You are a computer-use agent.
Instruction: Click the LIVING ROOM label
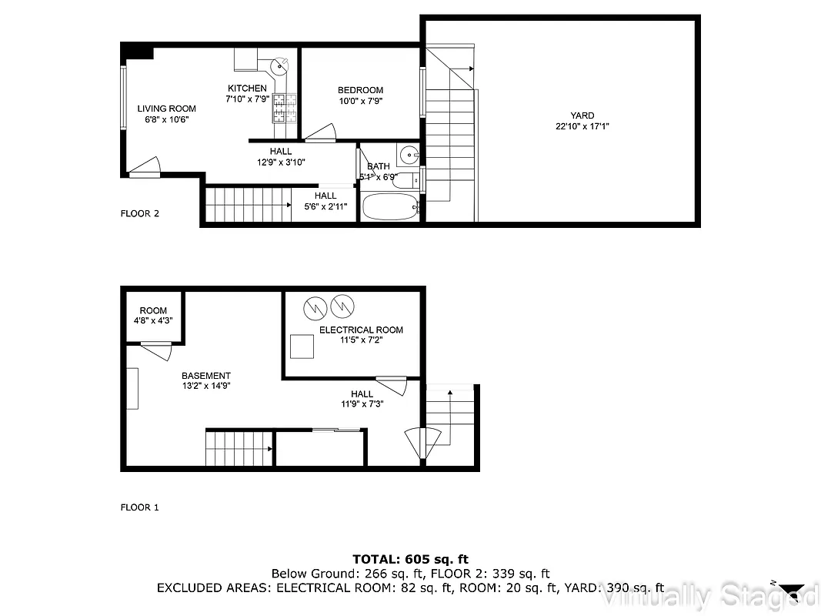tap(166, 109)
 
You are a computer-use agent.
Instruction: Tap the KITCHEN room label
tap(247, 89)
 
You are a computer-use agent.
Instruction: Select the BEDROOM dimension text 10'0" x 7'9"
tap(360, 101)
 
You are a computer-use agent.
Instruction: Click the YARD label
tap(582, 115)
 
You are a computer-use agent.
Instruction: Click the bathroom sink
tap(409, 152)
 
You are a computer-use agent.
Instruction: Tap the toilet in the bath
tap(404, 180)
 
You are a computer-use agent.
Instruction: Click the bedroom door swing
tap(321, 135)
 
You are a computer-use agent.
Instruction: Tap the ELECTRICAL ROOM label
tap(361, 330)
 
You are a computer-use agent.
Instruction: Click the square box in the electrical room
tap(302, 346)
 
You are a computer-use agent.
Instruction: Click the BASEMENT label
tap(205, 376)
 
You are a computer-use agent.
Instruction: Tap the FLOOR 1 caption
tap(139, 507)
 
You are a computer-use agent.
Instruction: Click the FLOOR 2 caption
tap(139, 213)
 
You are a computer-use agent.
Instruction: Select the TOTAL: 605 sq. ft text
tap(410, 559)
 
